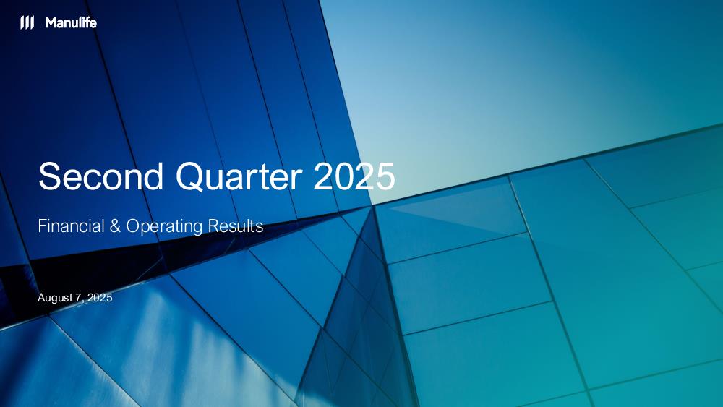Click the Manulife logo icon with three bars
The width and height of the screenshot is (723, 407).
27,22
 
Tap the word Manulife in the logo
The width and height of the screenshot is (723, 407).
71,22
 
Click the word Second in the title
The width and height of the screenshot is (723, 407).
101,176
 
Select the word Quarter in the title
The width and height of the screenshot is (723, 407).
239,177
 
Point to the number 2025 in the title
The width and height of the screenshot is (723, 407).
354,176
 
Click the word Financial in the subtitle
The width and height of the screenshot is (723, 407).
72,226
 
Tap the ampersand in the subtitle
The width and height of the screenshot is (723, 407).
115,226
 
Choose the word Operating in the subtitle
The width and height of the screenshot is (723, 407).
164,227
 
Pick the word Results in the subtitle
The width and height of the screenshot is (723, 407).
236,226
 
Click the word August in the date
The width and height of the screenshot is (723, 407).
54,299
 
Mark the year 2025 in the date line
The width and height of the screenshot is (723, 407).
100,297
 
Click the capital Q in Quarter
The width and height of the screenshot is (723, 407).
189,177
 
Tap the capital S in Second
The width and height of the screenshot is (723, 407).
50,176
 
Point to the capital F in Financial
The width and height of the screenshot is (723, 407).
43,226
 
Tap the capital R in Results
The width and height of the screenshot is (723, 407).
213,226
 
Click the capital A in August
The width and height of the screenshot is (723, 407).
41,297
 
